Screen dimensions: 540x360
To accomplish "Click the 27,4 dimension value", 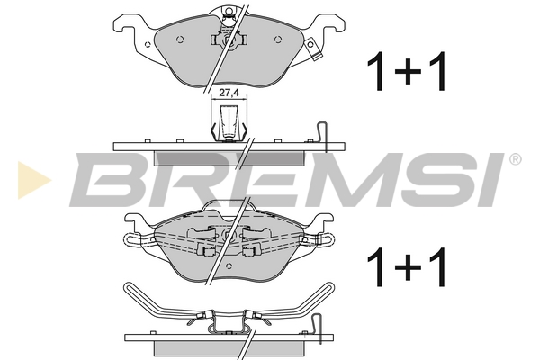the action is click(229, 93).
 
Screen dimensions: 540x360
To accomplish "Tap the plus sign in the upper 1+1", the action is click(408, 72).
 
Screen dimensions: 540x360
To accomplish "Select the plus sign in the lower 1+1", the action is click(408, 267).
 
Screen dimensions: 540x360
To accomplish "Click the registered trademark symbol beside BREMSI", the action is click(515, 159).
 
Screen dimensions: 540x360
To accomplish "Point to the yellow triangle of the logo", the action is click(34, 180).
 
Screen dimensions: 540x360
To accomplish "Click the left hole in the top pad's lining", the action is click(180, 40).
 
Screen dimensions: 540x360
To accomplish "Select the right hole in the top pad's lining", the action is click(278, 40).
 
